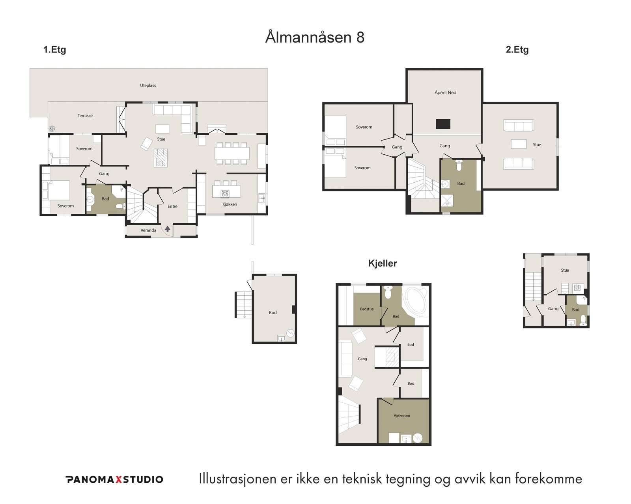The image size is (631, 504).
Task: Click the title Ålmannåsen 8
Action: [x=315, y=37]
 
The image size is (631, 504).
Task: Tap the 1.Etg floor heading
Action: [x=54, y=50]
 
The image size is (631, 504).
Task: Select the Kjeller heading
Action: [x=382, y=263]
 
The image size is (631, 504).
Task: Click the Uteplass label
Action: [x=148, y=85]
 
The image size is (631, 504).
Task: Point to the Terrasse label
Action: [x=85, y=116]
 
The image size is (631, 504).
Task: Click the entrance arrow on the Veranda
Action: [x=168, y=228]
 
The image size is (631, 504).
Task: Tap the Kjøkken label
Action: [x=230, y=204]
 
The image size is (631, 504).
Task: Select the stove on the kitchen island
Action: [x=225, y=193]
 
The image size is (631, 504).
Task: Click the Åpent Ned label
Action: [x=445, y=93]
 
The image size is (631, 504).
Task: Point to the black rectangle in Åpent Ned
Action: [x=443, y=124]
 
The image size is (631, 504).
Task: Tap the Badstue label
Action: [x=367, y=309]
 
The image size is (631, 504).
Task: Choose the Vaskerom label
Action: [x=401, y=415]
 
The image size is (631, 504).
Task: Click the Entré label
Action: [x=172, y=206]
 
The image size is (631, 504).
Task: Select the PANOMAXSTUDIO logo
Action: [x=114, y=479]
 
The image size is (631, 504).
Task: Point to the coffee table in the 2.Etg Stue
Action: [x=518, y=144]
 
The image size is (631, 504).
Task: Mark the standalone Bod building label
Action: [x=273, y=313]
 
